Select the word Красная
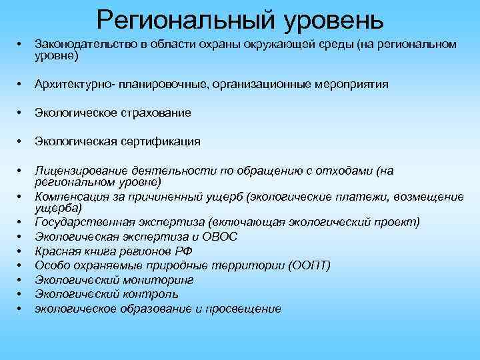[x=55, y=251]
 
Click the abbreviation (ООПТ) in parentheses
[x=311, y=265]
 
